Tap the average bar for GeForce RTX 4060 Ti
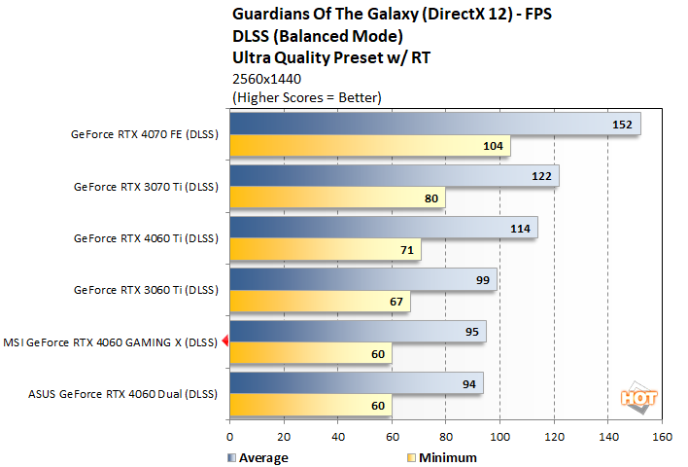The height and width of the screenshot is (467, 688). pos(383,227)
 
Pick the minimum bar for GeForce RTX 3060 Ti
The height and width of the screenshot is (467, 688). pos(320,302)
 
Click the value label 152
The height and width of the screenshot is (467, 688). pos(624,125)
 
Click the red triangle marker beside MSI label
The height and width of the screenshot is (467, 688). pos(224,341)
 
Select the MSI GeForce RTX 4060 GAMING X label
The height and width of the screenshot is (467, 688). pos(110,341)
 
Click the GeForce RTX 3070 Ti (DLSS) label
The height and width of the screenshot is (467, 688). pos(147,186)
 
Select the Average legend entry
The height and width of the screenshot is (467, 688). pos(258,457)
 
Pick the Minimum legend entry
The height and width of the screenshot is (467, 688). pos(441,457)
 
